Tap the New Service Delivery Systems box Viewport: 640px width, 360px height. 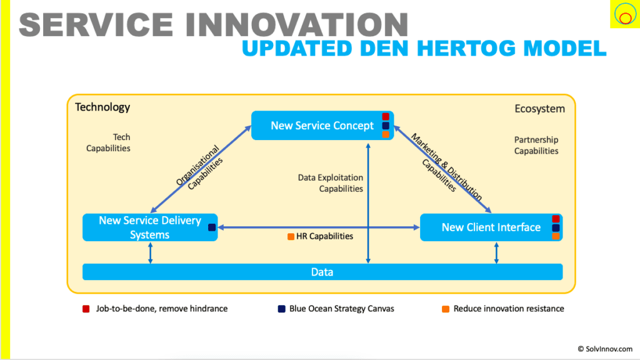150,227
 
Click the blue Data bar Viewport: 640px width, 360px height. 322,272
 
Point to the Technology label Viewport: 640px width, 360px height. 102,107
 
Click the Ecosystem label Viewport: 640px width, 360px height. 539,109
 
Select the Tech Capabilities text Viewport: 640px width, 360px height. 108,142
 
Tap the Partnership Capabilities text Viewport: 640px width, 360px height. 536,145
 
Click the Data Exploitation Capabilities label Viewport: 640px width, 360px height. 331,183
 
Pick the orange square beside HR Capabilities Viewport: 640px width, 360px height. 291,237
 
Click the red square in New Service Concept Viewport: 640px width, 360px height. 386,117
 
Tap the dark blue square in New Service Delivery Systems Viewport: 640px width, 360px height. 212,227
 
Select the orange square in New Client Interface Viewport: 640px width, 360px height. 556,236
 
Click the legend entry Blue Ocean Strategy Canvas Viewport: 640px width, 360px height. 341,309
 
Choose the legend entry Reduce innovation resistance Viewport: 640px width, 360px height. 508,309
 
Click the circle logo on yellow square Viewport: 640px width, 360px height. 623,14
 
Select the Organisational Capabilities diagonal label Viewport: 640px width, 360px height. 199,166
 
